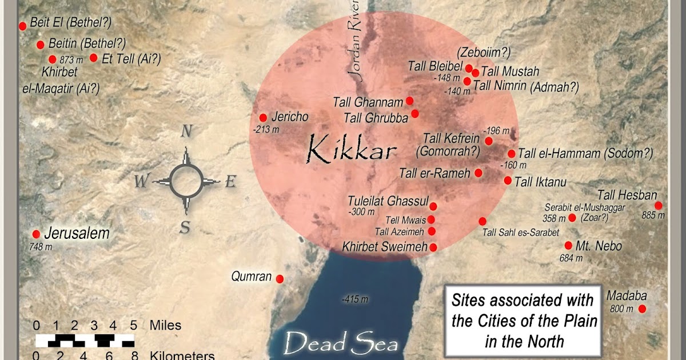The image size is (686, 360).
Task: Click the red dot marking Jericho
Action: coord(263,117)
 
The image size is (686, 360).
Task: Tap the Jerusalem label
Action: coord(76,233)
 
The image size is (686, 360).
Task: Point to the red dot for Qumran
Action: coord(280,279)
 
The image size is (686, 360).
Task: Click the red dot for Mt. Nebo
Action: coord(568,246)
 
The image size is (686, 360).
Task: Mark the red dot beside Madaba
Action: coord(642,309)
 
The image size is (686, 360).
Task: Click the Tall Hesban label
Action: coord(627,195)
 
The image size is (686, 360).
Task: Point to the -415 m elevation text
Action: coord(354,299)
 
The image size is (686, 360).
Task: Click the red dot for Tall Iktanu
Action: coord(508,181)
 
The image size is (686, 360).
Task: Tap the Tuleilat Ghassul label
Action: coord(388,201)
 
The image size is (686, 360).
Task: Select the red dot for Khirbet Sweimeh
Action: coord(433,247)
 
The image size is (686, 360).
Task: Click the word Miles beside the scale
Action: coord(165,326)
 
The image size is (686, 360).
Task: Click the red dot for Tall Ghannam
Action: coord(409,101)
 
